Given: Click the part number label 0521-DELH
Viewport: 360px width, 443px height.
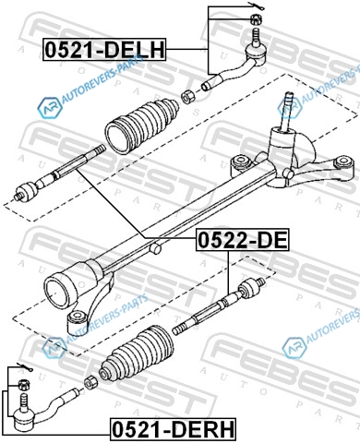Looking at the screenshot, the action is (104, 50).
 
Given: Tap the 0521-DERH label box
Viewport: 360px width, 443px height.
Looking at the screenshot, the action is (173, 429).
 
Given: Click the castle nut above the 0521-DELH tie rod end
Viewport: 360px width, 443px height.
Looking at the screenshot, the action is (256, 19).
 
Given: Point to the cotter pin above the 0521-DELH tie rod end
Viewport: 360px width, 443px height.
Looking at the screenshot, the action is (255, 6).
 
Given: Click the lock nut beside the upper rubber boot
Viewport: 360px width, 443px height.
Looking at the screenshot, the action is (188, 97).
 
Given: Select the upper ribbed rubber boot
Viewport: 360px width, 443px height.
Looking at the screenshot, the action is (142, 125).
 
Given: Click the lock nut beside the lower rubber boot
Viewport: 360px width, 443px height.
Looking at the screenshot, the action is (90, 381).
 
